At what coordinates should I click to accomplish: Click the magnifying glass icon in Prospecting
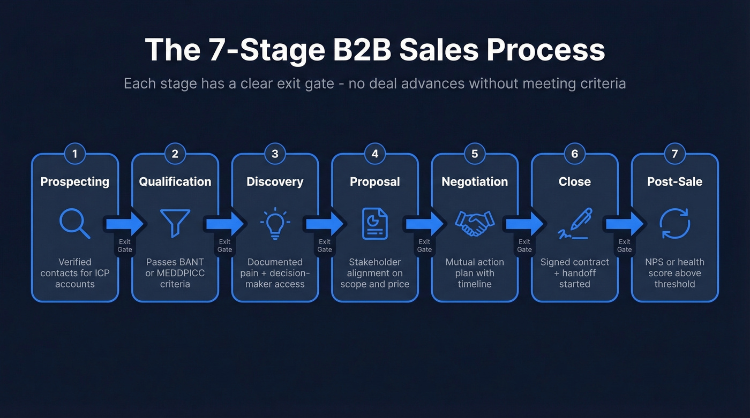[x=74, y=224]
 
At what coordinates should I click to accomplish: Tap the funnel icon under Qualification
[x=175, y=223]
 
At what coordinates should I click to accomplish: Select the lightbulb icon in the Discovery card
[x=275, y=224]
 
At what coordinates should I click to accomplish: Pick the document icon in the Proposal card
[x=375, y=224]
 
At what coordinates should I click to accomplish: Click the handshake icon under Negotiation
[x=475, y=224]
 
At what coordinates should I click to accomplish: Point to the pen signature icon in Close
[x=575, y=224]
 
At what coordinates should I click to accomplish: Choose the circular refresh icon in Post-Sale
[x=674, y=224]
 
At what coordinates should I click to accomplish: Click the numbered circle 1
[x=75, y=154]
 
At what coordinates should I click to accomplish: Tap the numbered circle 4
[x=375, y=154]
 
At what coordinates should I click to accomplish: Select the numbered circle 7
[x=674, y=154]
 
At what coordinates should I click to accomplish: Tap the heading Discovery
[x=275, y=182]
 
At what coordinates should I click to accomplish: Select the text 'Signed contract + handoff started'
[x=575, y=273]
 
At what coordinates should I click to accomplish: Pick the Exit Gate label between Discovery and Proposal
[x=325, y=246]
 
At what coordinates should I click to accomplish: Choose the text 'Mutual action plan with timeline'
[x=475, y=273]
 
